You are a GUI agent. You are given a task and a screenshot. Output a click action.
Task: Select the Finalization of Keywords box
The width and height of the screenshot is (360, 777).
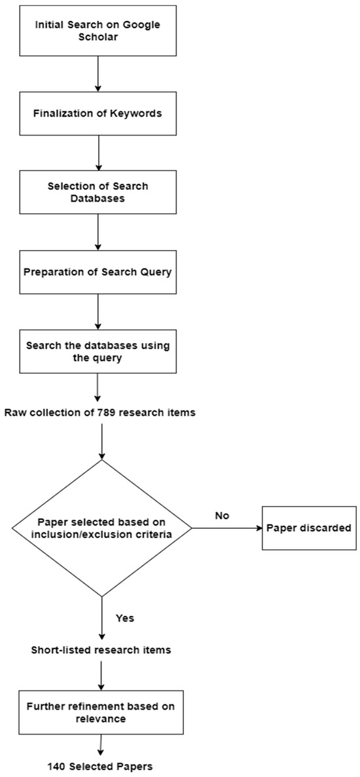point(97,113)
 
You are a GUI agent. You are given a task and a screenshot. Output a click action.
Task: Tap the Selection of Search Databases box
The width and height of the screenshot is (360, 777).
point(97,192)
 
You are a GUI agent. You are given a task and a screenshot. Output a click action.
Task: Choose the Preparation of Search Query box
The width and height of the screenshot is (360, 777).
point(97,272)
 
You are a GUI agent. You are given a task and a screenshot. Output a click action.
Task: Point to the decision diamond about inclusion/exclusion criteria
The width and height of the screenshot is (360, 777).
point(101,528)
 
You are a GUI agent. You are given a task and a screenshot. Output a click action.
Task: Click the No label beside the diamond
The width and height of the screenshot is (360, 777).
point(222,516)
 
